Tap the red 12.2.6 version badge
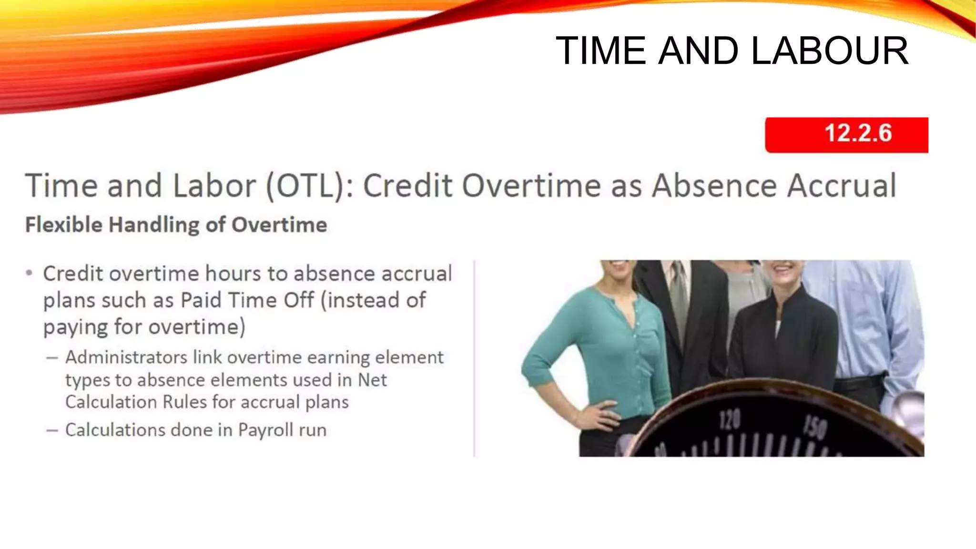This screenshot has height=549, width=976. tap(846, 135)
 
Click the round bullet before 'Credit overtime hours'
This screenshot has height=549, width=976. tap(30, 274)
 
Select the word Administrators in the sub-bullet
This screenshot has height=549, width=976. tap(126, 357)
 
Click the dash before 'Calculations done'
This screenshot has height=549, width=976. tap(52, 430)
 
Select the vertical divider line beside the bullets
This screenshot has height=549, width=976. tap(474, 357)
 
